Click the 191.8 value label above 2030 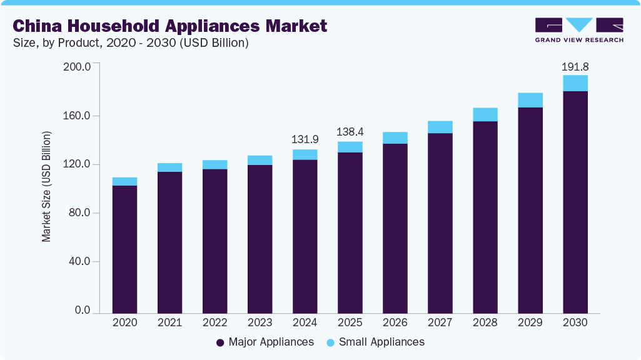[x=575, y=66]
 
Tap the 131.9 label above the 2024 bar [x=305, y=139]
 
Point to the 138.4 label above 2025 [x=350, y=132]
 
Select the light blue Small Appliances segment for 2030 [x=575, y=83]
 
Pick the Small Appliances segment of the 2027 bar [x=440, y=127]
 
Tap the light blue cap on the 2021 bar [x=170, y=167]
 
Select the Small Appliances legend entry [x=375, y=342]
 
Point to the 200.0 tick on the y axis [x=78, y=66]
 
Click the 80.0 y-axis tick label [x=80, y=213]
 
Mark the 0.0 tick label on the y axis [x=83, y=311]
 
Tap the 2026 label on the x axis [x=395, y=322]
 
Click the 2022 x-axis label [x=215, y=322]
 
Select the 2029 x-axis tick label [x=530, y=322]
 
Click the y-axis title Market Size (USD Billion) [x=46, y=186]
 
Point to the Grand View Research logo [x=579, y=29]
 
